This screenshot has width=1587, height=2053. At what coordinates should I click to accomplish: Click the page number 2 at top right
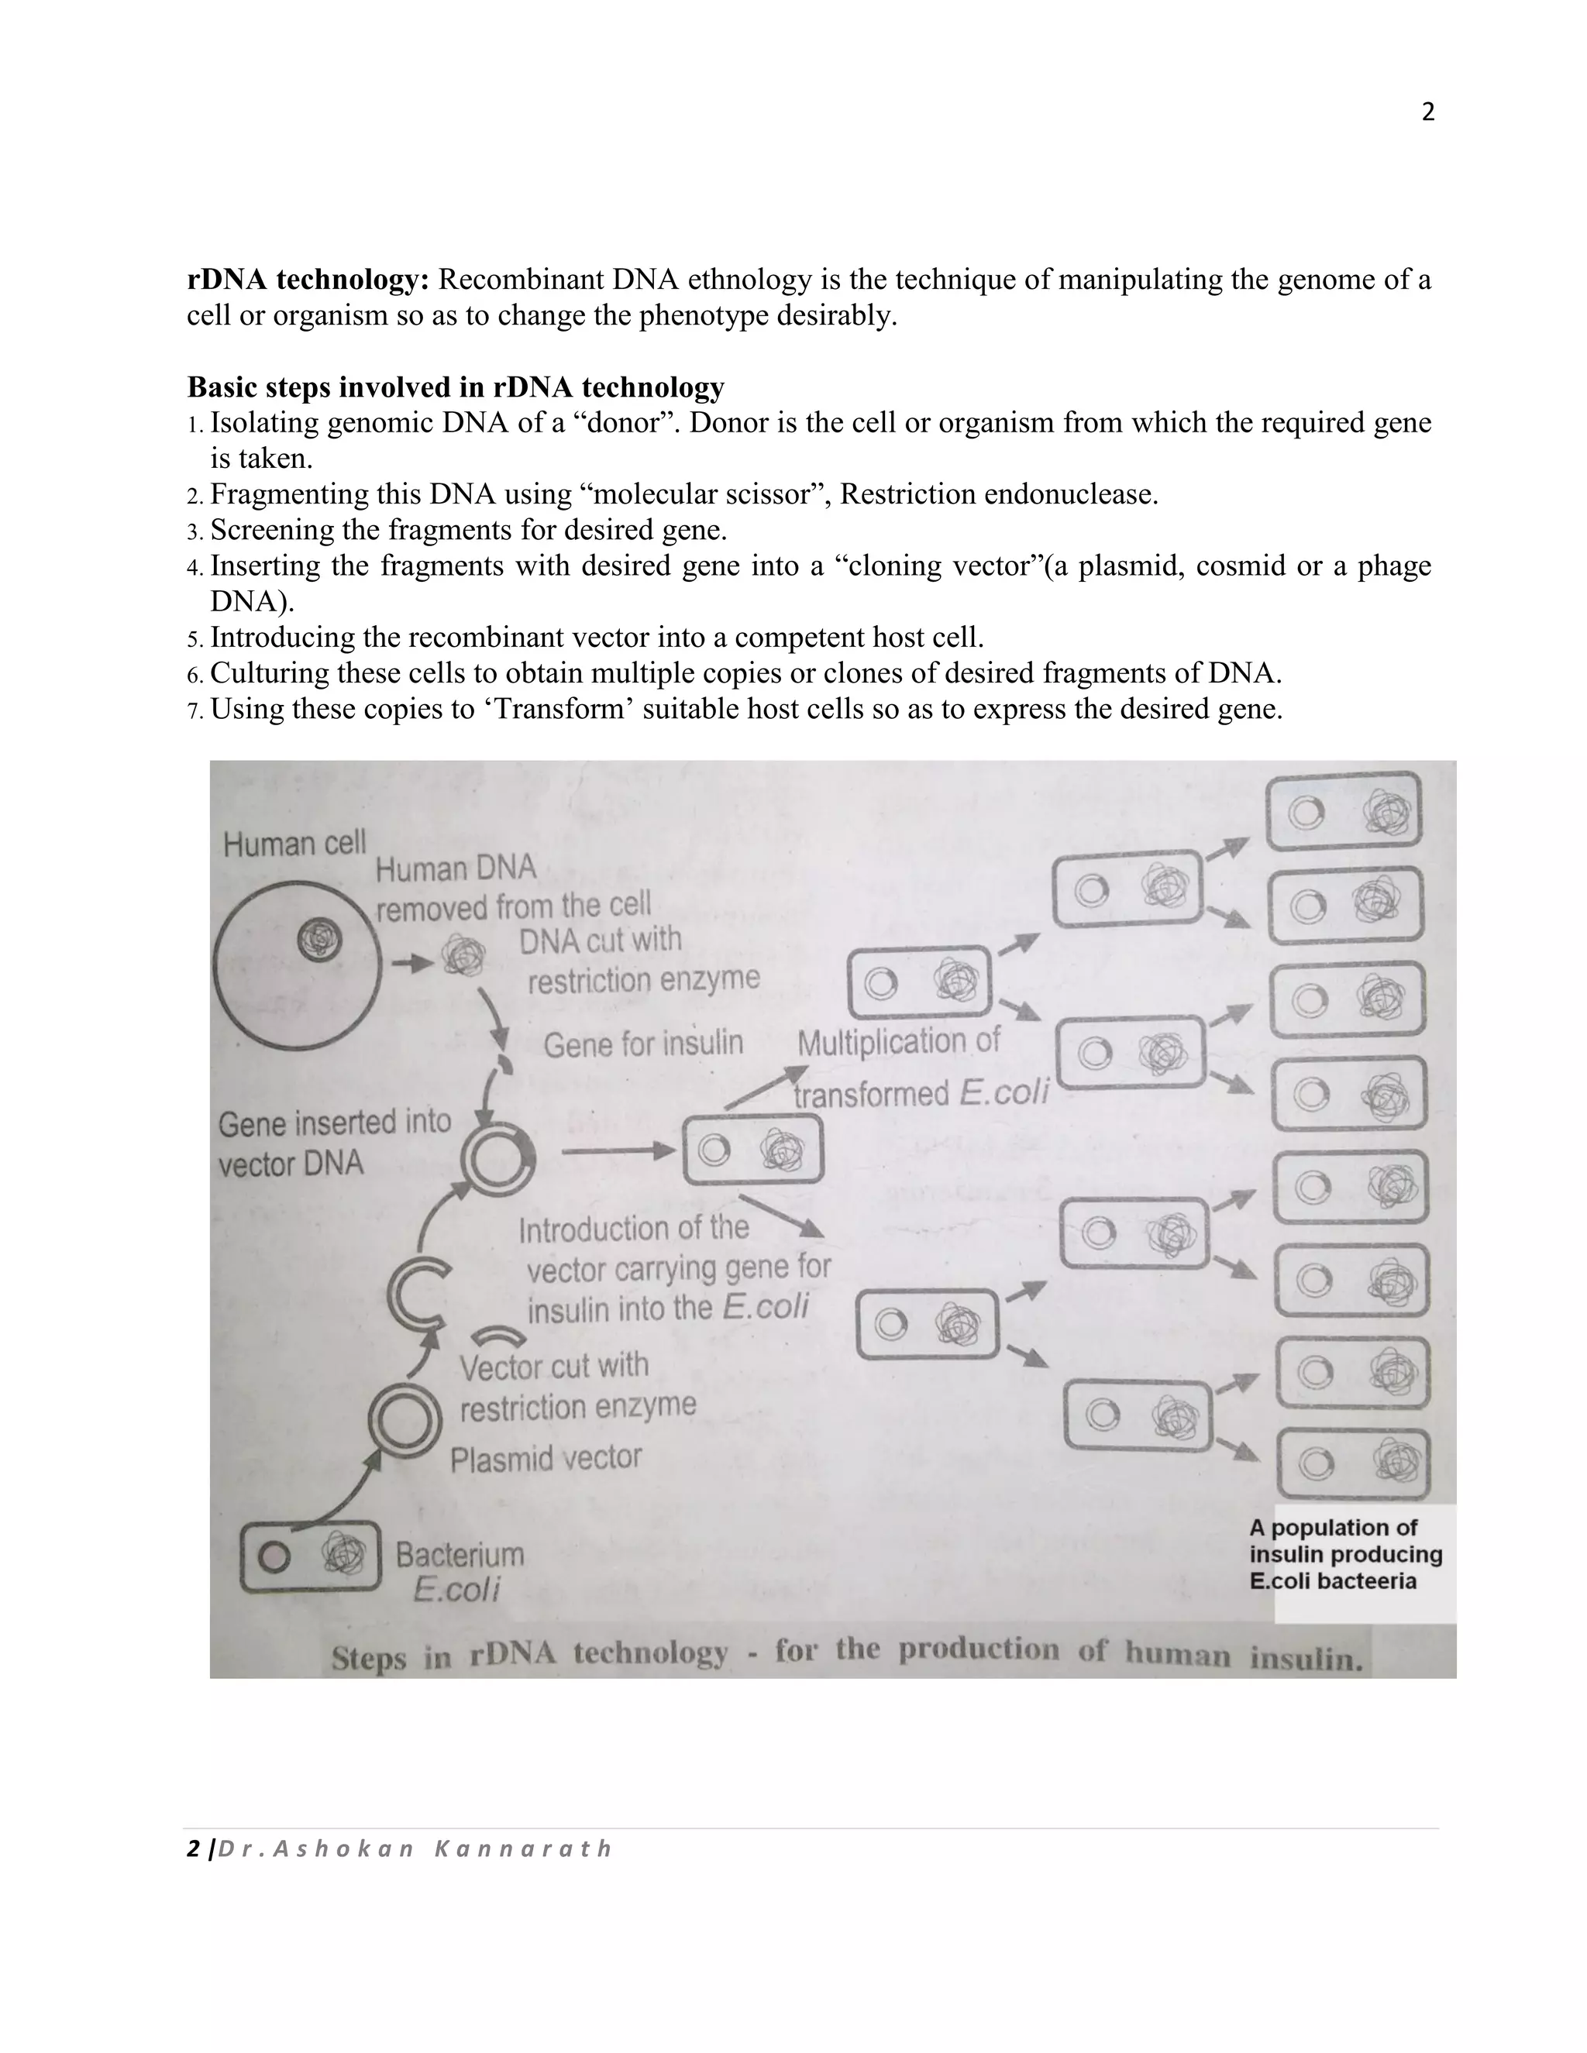point(1427,113)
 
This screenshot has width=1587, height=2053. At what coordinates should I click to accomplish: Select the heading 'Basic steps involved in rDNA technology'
point(455,387)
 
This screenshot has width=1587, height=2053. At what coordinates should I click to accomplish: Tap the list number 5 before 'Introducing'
point(195,639)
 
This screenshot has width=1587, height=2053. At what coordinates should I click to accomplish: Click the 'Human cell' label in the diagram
point(294,843)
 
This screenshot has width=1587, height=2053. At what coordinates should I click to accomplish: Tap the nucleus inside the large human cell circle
point(320,938)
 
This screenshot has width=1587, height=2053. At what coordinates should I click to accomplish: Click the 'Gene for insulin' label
point(643,1044)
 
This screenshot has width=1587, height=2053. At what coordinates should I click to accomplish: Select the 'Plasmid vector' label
point(546,1458)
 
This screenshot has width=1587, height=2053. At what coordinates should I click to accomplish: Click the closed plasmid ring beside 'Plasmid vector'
point(404,1419)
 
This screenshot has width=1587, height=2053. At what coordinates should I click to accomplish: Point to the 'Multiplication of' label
point(898,1041)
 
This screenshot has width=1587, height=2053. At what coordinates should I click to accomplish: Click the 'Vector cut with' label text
point(554,1366)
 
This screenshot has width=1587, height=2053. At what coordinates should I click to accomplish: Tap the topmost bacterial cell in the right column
point(1344,811)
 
